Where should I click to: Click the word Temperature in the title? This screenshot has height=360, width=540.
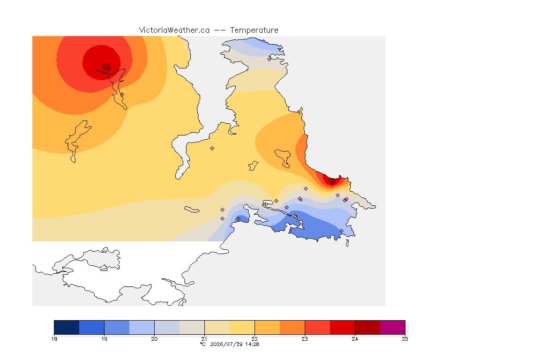(254, 30)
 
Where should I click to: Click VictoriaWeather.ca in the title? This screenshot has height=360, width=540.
(174, 30)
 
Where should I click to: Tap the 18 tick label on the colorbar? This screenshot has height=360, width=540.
(54, 339)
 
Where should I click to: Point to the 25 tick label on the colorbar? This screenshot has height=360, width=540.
(405, 339)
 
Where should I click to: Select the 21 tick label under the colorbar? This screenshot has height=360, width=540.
(204, 339)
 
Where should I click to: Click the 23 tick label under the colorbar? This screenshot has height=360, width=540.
(305, 339)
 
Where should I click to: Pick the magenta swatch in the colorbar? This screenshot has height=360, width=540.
(393, 327)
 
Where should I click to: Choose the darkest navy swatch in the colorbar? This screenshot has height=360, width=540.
(67, 327)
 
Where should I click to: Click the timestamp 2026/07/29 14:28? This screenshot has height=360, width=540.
(234, 344)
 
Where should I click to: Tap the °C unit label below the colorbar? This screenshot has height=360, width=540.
(202, 344)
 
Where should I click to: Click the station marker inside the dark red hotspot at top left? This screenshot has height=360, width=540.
(108, 68)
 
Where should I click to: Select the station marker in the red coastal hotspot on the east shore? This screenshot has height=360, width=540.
(332, 183)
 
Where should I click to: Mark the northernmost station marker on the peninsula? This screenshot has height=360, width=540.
(270, 59)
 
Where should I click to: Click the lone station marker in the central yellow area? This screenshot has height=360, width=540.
(212, 149)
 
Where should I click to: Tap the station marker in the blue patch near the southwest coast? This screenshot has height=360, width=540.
(238, 219)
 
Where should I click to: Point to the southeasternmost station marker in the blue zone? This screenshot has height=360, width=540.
(341, 231)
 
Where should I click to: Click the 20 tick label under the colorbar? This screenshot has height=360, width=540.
(154, 339)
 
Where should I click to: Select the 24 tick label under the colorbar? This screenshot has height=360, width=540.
(355, 339)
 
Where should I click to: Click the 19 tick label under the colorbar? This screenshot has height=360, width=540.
(105, 339)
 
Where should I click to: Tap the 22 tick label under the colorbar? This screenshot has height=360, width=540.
(255, 339)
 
